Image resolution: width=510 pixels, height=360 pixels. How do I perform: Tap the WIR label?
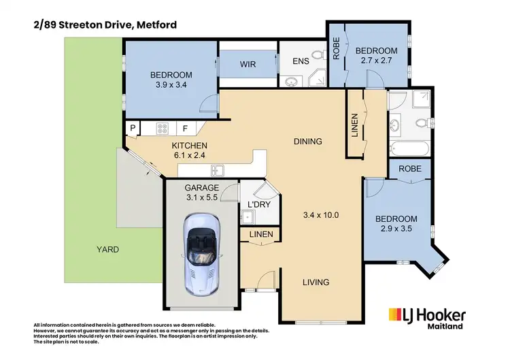248,65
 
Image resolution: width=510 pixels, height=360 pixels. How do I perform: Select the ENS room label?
301,61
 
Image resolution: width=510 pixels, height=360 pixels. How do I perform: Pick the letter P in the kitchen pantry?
133,127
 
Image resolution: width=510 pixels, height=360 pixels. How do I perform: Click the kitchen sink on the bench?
218,170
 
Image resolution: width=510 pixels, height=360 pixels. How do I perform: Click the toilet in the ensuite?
317,57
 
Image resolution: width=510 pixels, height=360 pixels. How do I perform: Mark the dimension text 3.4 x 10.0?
321,216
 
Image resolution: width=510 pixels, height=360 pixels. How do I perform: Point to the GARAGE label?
202,187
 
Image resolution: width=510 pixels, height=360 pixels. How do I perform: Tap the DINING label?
307,142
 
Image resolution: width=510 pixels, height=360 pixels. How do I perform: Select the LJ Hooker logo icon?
396,315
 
